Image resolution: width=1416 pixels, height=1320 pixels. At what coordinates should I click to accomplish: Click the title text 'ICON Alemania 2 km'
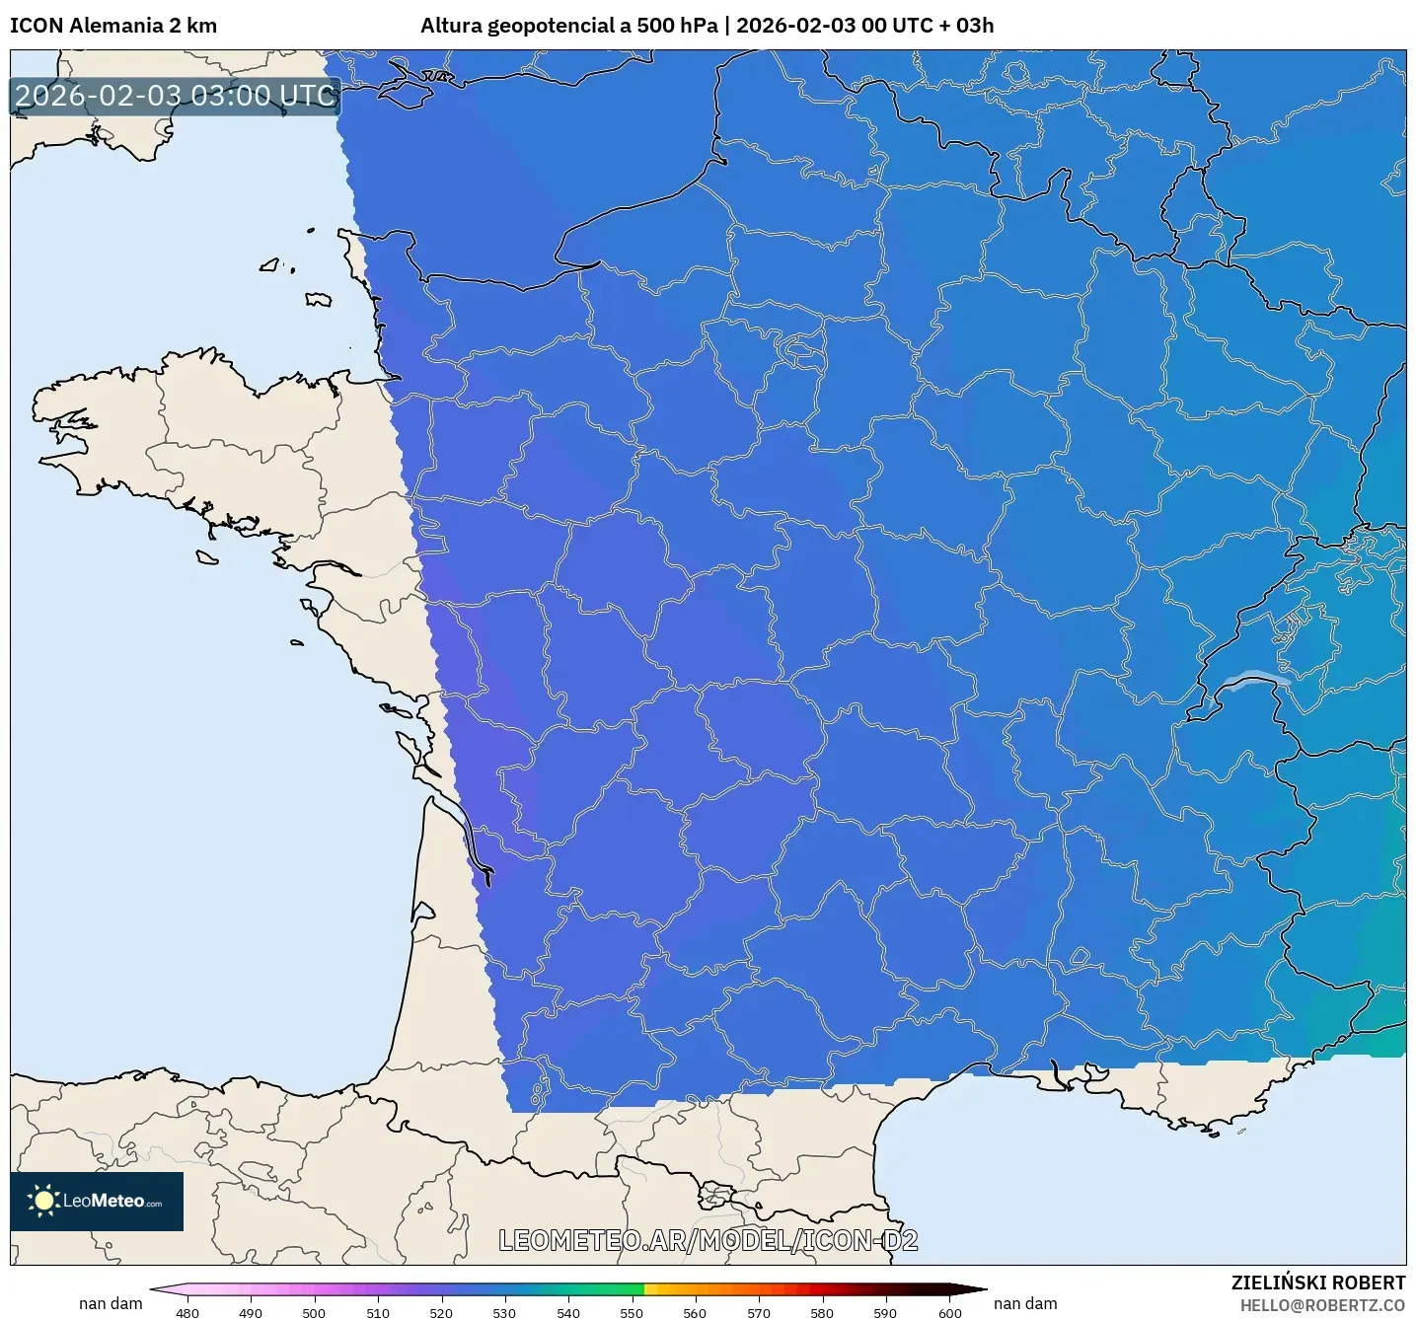(113, 26)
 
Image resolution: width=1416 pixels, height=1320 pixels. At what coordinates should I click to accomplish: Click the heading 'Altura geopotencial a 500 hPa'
(568, 26)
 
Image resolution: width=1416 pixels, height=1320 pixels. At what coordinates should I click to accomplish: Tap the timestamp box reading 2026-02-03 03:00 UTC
(176, 96)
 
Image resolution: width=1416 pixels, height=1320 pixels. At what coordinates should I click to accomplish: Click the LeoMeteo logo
(97, 1201)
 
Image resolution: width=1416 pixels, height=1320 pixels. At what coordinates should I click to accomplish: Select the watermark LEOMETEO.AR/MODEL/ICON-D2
(708, 1240)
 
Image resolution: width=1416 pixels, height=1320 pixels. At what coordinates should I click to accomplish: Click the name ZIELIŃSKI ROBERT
(1317, 1283)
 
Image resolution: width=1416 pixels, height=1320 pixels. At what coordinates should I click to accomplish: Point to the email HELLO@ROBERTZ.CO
(1321, 1305)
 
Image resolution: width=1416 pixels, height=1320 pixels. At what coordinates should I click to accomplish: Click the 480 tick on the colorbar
(186, 1312)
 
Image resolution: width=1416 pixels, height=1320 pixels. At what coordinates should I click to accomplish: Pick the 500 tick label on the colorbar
(314, 1312)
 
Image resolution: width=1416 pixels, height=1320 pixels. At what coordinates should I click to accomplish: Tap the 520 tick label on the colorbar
(441, 1312)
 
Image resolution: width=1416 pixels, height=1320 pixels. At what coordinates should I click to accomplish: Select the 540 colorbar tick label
(568, 1312)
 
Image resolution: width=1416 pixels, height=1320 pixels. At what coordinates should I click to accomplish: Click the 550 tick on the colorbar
(632, 1312)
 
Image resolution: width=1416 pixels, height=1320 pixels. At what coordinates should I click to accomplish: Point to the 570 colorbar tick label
(759, 1312)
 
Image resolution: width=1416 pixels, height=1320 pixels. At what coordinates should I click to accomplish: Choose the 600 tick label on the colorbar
(949, 1312)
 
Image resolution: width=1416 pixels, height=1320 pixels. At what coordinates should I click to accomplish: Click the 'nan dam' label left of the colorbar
(111, 1303)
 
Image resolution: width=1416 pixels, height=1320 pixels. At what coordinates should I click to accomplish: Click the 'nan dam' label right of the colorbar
(1025, 1303)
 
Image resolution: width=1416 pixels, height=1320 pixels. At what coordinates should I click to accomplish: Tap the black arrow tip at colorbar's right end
(977, 1288)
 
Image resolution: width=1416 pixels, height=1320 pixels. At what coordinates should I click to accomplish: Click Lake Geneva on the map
(1251, 680)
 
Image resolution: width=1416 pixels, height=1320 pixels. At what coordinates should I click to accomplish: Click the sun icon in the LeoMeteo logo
(43, 1201)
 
